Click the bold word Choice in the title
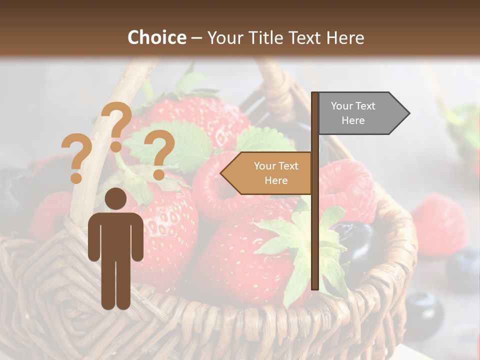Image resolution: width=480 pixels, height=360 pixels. coord(156,37)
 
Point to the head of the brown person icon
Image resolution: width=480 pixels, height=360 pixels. coord(116,199)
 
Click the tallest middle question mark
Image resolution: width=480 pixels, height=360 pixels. coord(117,125)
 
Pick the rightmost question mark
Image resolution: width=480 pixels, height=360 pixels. coord(159,153)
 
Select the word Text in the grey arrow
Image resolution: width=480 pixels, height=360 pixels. coord(365,106)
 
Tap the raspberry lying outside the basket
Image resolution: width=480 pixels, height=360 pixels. coord(439,224)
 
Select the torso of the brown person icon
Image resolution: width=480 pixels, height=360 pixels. coord(116,235)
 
